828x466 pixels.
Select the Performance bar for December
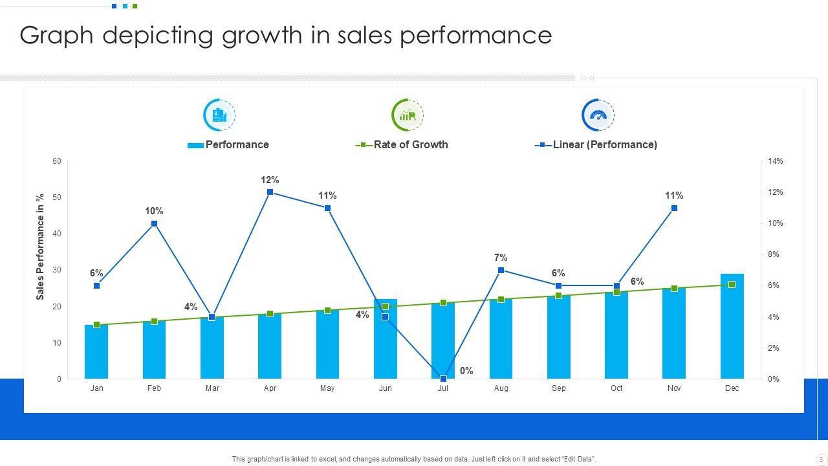pyautogui.click(x=732, y=327)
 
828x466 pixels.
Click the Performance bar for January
pyautogui.click(x=96, y=352)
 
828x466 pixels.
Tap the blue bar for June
pyautogui.click(x=386, y=343)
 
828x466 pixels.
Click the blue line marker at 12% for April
pyautogui.click(x=270, y=192)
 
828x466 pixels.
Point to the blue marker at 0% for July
pyautogui.click(x=443, y=379)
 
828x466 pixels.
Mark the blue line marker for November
pyautogui.click(x=674, y=208)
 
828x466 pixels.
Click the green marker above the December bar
pyautogui.click(x=732, y=285)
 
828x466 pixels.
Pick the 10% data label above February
pyautogui.click(x=154, y=211)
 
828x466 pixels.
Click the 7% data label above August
pyautogui.click(x=501, y=258)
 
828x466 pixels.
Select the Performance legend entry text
pyautogui.click(x=237, y=144)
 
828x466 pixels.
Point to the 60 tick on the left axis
pyautogui.click(x=58, y=161)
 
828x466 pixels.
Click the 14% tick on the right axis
pyautogui.click(x=776, y=161)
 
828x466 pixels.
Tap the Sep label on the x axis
pyautogui.click(x=558, y=388)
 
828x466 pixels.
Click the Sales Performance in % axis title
pyautogui.click(x=40, y=247)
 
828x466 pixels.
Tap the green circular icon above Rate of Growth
pyautogui.click(x=408, y=115)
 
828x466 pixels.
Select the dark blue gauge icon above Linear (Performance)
pyautogui.click(x=598, y=115)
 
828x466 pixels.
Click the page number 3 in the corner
pyautogui.click(x=820, y=460)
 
